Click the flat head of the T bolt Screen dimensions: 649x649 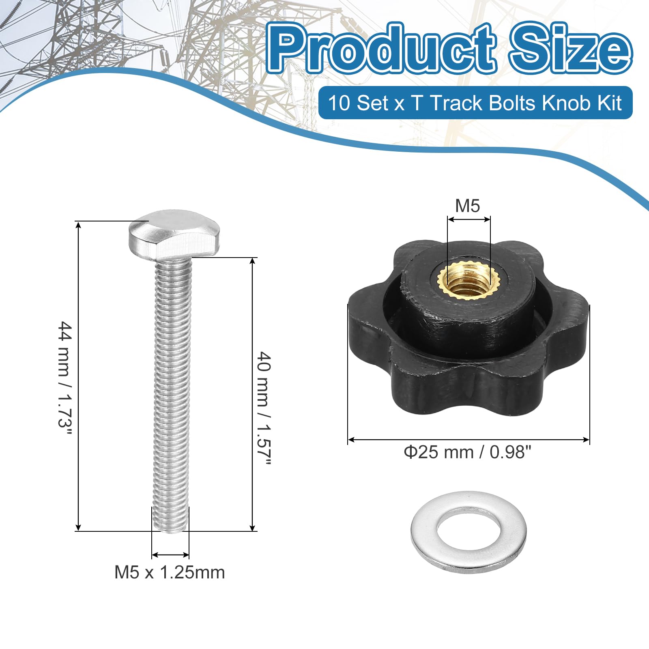174,236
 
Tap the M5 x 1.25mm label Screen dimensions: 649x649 170,572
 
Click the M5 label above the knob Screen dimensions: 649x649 468,206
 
